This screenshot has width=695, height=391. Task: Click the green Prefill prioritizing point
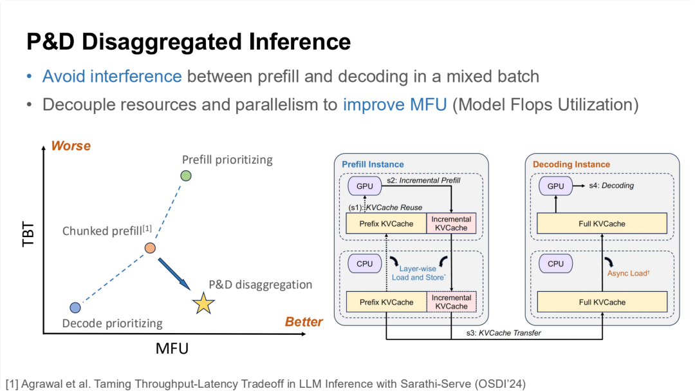point(186,176)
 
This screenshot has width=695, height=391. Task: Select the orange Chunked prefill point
point(150,247)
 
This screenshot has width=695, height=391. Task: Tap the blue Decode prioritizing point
point(75,307)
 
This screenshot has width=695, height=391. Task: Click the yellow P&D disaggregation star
point(203,303)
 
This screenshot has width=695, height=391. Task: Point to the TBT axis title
point(28,234)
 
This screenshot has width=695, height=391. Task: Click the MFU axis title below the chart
point(172,348)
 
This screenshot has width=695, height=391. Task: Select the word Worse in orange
point(71,146)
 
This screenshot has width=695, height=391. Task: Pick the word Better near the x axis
point(304,322)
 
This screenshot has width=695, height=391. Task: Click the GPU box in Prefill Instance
point(365,186)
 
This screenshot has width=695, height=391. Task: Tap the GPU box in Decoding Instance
point(556,186)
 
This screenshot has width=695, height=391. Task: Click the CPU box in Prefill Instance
point(365,263)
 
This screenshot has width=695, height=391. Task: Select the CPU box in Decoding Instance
point(556,263)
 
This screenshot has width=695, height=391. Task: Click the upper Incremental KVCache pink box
point(451,224)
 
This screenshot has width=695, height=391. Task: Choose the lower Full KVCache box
point(602,302)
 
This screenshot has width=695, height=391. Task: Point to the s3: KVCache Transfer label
point(503,333)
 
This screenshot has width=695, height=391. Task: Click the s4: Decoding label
point(611,186)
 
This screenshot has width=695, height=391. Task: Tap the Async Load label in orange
point(629,273)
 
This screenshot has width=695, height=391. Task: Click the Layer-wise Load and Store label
point(418,273)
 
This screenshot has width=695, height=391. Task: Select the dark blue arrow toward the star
point(174,274)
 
